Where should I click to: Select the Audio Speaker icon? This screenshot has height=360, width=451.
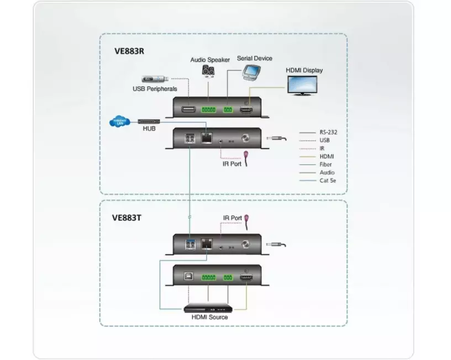click(208, 71)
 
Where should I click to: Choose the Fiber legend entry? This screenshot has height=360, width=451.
click(325, 164)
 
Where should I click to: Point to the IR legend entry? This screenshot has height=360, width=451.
click(322, 148)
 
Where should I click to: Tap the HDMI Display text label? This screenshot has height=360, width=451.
click(304, 70)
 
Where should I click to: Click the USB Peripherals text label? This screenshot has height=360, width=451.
click(154, 88)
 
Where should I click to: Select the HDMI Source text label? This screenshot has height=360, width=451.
click(209, 317)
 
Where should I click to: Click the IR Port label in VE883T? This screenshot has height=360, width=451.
click(232, 219)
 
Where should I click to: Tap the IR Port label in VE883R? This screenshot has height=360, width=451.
click(228, 164)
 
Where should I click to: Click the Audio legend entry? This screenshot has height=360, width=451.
click(326, 172)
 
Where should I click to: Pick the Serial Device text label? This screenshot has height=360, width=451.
click(254, 58)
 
